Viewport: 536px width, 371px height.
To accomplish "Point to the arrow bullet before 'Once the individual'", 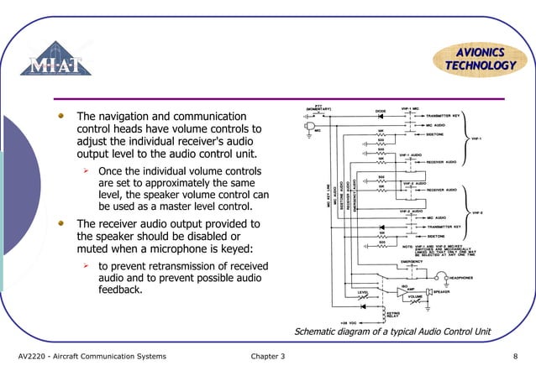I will click(85, 171).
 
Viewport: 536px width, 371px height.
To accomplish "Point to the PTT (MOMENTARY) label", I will click(319, 108).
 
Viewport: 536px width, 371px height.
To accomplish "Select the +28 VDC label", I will click(349, 322).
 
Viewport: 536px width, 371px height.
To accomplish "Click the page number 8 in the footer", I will click(514, 357).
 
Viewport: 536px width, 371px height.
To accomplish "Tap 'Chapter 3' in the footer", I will click(268, 357).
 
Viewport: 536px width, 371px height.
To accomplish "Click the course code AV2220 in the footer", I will click(37, 357).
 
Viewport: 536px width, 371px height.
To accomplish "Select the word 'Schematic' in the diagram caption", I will click(319, 332).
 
